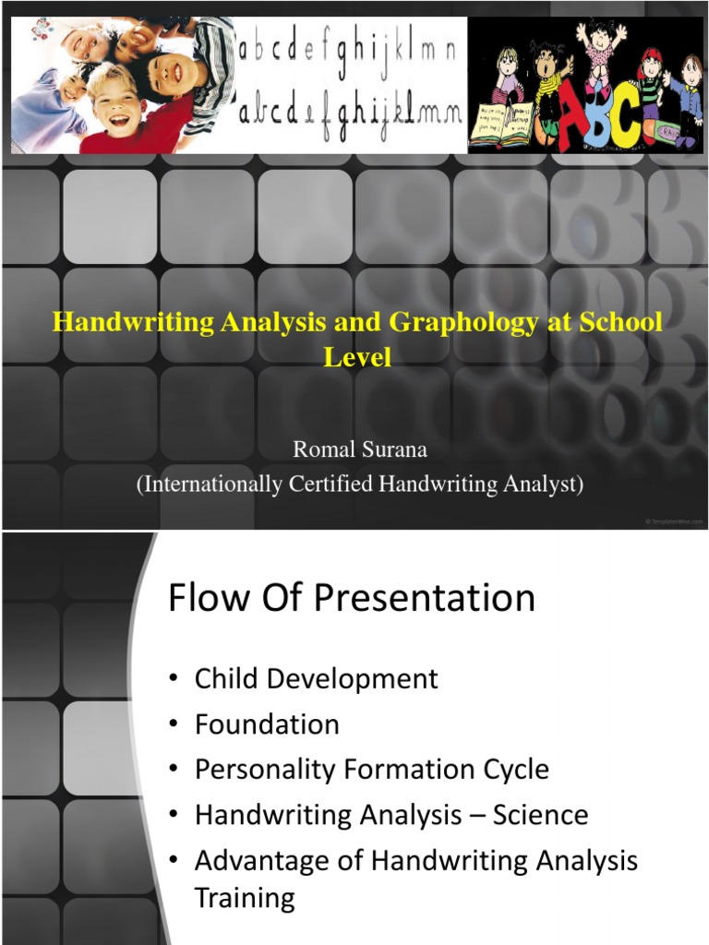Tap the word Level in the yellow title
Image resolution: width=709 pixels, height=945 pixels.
(x=356, y=356)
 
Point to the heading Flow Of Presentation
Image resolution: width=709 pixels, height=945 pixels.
(x=352, y=598)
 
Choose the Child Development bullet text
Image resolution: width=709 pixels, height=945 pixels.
(x=316, y=679)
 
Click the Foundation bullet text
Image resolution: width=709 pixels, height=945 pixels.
(x=267, y=724)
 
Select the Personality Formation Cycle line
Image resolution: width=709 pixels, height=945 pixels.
(x=371, y=770)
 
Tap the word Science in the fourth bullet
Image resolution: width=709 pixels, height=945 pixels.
(x=540, y=815)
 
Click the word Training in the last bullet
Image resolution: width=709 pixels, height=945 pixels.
(x=245, y=897)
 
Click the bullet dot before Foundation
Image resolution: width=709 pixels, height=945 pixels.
(x=174, y=725)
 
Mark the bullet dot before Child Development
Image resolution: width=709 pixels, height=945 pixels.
(x=174, y=680)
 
